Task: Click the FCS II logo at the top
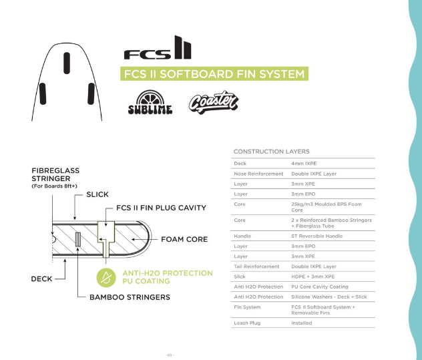click(x=157, y=49)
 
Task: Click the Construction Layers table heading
click(x=271, y=152)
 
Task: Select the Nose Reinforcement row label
click(x=258, y=174)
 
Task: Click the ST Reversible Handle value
click(x=316, y=236)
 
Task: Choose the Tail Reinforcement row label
click(x=256, y=266)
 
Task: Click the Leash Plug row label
click(x=248, y=323)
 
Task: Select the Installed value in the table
click(x=302, y=323)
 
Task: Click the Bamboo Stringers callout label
click(x=130, y=297)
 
